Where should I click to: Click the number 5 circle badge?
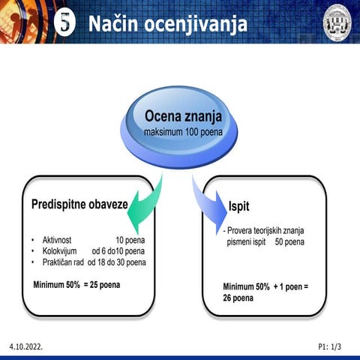pyautogui.click(x=67, y=23)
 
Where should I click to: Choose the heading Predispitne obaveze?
pyautogui.click(x=79, y=204)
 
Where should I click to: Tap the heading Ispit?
pyautogui.click(x=239, y=206)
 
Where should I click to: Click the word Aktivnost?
pyautogui.click(x=57, y=240)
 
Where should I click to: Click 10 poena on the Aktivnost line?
pyautogui.click(x=130, y=240)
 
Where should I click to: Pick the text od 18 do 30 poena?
pyautogui.click(x=117, y=262)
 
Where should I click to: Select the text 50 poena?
pyautogui.click(x=289, y=242)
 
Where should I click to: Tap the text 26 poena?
pyautogui.click(x=238, y=298)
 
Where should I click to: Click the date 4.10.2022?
pyautogui.click(x=26, y=348)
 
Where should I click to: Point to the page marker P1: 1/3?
pyautogui.click(x=329, y=348)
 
